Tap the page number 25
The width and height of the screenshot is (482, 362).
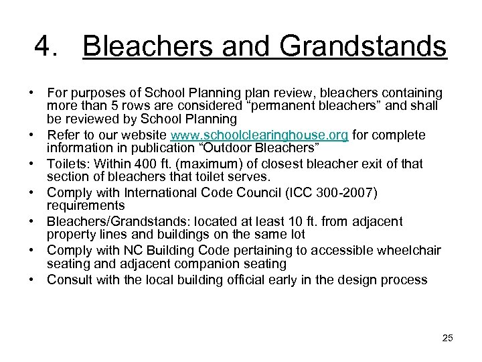point(447,338)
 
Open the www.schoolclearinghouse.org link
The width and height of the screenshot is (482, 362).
point(259,135)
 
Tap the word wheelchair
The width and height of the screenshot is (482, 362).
point(408,251)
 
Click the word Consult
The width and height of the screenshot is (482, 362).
point(69,280)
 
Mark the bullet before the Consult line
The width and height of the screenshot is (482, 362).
point(32,280)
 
